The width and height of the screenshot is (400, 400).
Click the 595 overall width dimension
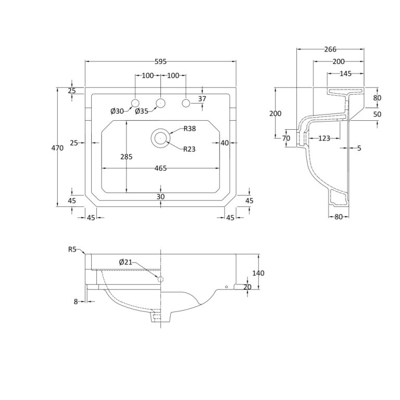pos(161,61)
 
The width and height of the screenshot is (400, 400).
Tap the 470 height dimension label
pos(57,148)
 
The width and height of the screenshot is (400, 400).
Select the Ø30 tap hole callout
pos(117,111)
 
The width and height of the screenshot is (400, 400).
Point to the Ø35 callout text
pos(142,111)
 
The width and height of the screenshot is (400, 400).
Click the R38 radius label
pos(190,129)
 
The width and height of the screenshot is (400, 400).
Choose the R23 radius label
pos(190,149)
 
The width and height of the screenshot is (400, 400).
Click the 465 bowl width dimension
pos(161,168)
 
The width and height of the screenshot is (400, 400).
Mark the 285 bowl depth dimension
pos(127,157)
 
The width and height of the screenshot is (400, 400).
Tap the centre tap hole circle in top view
pos(160,103)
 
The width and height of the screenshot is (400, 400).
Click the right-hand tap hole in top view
pos(186,103)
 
